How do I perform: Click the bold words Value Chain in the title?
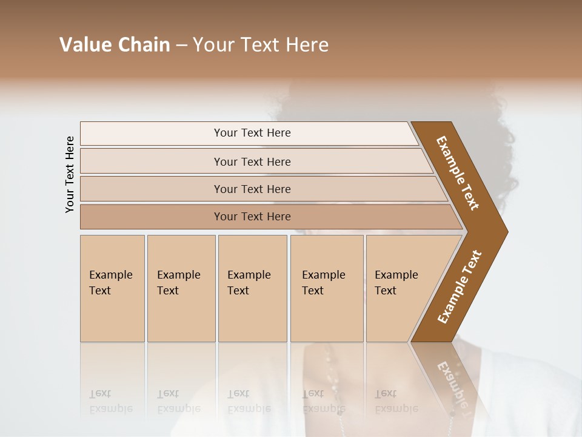tap(115, 45)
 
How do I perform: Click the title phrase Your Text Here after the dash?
tap(261, 45)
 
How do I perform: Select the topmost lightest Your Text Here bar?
tap(252, 133)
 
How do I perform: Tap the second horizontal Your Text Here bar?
tap(252, 161)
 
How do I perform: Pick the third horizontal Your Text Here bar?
tap(252, 189)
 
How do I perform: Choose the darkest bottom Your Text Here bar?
tap(252, 217)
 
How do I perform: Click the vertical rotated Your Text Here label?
tap(70, 174)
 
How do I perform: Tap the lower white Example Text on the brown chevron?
tap(459, 287)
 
